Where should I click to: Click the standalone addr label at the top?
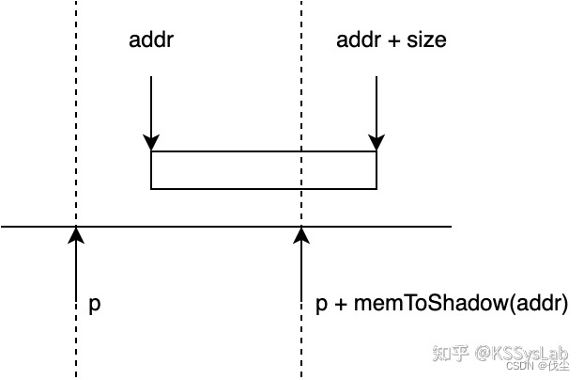(151, 40)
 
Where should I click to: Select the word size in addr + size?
(424, 40)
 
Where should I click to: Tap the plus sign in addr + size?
(390, 40)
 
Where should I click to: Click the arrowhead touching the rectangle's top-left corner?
(151, 144)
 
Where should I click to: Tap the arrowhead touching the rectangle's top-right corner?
(377, 144)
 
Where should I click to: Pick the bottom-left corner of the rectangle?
(152, 188)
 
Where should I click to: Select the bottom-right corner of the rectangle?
(377, 188)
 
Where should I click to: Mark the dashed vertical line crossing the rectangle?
(301, 169)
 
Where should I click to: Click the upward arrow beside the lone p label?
(76, 273)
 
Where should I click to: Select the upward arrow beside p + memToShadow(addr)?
(301, 273)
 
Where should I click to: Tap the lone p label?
(94, 305)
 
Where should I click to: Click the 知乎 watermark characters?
(451, 354)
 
